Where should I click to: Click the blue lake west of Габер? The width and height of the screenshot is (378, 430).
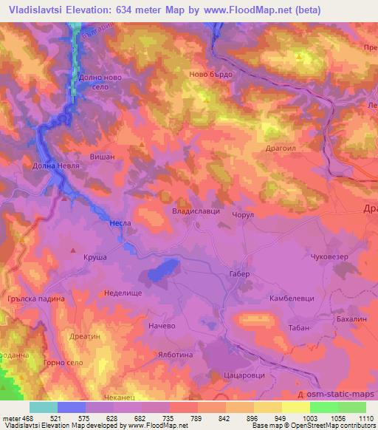point(163,271)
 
